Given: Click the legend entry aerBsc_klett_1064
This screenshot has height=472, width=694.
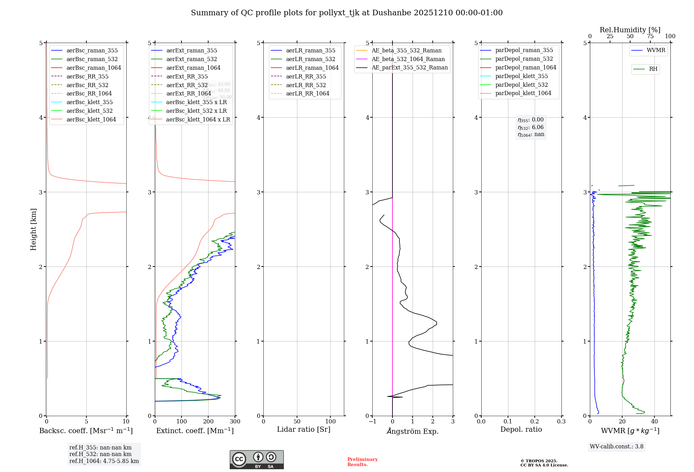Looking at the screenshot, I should pos(91,119).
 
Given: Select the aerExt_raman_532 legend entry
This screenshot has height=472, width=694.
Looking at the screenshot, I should pos(192,59).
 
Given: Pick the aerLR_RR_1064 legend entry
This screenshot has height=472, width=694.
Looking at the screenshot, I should pos(307,93).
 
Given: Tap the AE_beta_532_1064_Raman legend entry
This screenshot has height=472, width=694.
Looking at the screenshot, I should pos(408,59).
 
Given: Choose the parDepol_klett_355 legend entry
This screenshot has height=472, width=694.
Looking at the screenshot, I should pos(522,76).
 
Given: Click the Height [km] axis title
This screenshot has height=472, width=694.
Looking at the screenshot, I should pos(33,229).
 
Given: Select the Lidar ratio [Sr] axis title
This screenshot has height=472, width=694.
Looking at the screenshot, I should pos(304,429).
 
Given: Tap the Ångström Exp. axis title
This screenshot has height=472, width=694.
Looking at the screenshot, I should pos(413,431).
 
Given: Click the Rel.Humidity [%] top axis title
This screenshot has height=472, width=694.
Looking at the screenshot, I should pos(630,30).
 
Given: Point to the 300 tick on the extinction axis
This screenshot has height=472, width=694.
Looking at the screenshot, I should pos(235,421).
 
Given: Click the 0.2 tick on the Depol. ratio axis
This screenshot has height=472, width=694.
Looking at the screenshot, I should pos(535,421).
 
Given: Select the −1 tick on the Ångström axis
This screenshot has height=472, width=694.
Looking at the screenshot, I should pos(372,421).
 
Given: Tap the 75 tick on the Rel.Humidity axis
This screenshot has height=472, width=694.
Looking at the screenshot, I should pos(650,36).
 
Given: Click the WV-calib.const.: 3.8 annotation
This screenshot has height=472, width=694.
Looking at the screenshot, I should pos(617,446).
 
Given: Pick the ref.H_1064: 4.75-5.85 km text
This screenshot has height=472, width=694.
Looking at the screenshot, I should pos(104,461).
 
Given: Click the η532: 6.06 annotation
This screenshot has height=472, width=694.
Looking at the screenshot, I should pos(531,127).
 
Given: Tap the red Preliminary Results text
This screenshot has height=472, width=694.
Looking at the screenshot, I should pos(362,462).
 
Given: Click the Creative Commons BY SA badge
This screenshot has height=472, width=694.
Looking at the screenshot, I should pos(256,460).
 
